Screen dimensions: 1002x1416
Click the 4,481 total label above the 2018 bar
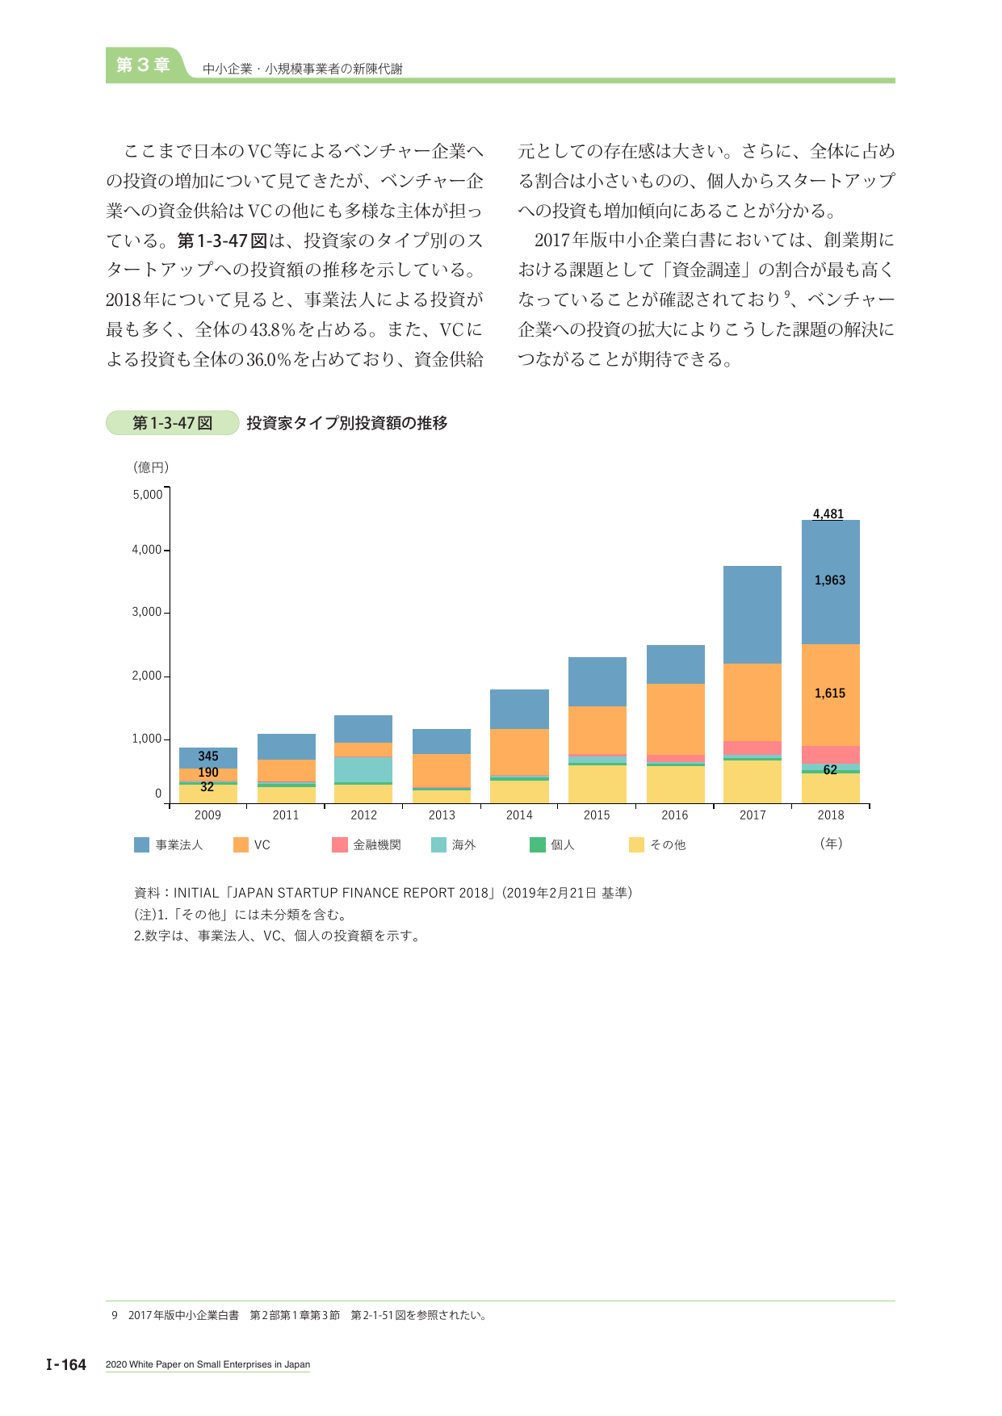[828, 513]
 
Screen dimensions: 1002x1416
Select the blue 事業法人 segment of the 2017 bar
[753, 614]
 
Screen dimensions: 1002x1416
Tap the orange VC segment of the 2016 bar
[675, 719]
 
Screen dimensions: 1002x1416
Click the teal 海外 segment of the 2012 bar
[363, 769]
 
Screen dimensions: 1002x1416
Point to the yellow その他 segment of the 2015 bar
[597, 784]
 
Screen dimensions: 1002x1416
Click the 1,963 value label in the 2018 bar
[830, 580]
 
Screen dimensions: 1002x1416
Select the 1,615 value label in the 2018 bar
[830, 693]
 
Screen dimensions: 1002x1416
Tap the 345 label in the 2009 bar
[208, 756]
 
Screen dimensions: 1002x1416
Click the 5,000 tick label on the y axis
[148, 494]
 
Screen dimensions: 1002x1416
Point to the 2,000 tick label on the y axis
[148, 676]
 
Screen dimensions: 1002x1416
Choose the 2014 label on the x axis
[519, 815]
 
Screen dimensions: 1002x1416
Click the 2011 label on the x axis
[286, 815]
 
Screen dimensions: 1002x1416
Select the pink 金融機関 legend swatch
[340, 844]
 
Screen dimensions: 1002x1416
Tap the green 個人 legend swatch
[538, 844]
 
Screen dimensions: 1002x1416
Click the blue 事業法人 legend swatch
[142, 844]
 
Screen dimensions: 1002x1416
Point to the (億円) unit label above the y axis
[151, 467]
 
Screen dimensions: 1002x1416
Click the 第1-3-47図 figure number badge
[173, 423]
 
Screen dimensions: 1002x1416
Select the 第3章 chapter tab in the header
[143, 65]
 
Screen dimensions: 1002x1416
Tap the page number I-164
[66, 1364]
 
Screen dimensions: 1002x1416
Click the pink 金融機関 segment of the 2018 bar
[831, 755]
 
